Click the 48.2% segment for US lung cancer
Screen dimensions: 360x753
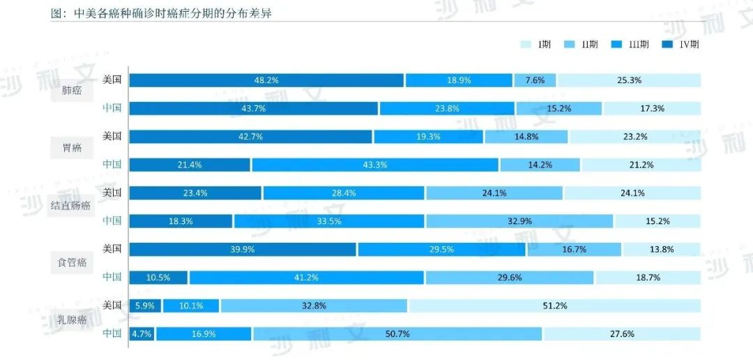tap(266, 80)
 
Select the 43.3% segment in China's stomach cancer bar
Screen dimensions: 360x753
tap(375, 165)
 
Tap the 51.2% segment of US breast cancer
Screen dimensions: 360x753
tap(554, 306)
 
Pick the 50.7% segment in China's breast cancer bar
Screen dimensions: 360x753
tap(397, 333)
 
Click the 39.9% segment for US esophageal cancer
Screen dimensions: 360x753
tap(243, 249)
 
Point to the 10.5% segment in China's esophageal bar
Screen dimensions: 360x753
tap(159, 277)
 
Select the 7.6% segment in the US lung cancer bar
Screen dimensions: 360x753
tap(535, 80)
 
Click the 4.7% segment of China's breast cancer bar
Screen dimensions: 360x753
tap(142, 333)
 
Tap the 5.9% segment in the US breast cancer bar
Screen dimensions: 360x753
tap(145, 306)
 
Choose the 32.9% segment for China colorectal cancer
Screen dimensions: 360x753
tap(519, 221)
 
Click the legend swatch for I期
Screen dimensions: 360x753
tap(526, 45)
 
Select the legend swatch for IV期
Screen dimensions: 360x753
tap(667, 45)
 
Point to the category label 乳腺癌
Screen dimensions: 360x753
tap(73, 320)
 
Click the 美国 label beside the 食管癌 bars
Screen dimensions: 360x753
tap(112, 248)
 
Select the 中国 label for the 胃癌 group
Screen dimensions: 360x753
tap(112, 164)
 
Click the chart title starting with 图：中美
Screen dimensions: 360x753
tap(161, 14)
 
